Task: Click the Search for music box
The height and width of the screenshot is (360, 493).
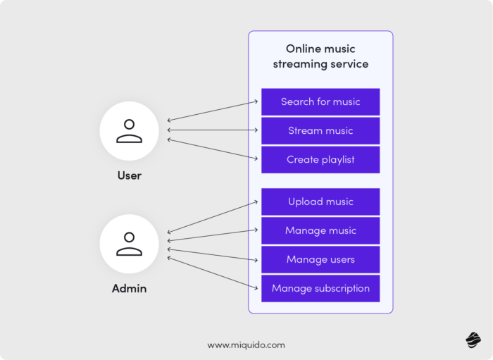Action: tap(320, 101)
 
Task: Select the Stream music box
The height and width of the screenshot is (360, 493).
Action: tap(320, 130)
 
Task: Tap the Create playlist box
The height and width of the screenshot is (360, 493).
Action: tap(320, 159)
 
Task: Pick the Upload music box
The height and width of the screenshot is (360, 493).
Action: tap(320, 201)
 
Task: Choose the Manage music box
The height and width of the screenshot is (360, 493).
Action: tap(320, 230)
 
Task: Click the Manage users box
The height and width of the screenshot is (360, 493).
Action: tap(320, 259)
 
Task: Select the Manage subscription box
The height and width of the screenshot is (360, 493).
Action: tap(320, 288)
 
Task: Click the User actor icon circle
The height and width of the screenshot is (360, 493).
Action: tap(129, 130)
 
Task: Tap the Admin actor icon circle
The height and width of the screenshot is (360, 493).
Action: tap(129, 244)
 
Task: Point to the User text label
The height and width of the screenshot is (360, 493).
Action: tap(129, 175)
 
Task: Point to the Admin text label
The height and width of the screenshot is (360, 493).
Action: tap(129, 289)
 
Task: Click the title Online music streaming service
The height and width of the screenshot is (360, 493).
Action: tap(320, 56)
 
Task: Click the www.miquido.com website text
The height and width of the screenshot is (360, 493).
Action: tap(246, 345)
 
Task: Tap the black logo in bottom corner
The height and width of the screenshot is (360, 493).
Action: tap(472, 341)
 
